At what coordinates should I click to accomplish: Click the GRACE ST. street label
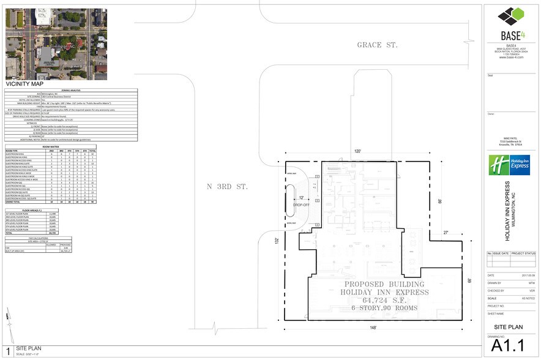coord(378,45)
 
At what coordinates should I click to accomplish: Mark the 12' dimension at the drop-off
coord(301,198)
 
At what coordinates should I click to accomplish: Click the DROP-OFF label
coord(301,204)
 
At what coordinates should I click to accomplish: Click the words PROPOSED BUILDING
coord(384,285)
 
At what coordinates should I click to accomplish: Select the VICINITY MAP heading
coord(24,84)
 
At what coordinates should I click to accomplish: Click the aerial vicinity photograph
coord(56,44)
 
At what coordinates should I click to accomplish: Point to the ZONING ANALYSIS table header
coord(71,91)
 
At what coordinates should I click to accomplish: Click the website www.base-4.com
coord(510,57)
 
